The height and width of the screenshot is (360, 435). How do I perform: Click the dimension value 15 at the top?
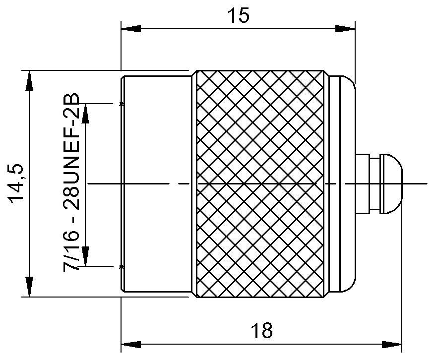pos(239,15)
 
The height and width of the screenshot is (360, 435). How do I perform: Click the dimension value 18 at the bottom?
pos(261,330)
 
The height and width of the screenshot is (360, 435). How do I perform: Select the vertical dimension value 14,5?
pos(16,184)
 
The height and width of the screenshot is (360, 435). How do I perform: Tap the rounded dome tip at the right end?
pos(392,184)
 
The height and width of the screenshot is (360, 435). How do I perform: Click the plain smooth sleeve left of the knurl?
pos(156,184)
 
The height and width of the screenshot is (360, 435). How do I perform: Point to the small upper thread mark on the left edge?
pos(122,104)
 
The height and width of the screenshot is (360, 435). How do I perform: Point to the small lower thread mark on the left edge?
pos(122,267)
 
